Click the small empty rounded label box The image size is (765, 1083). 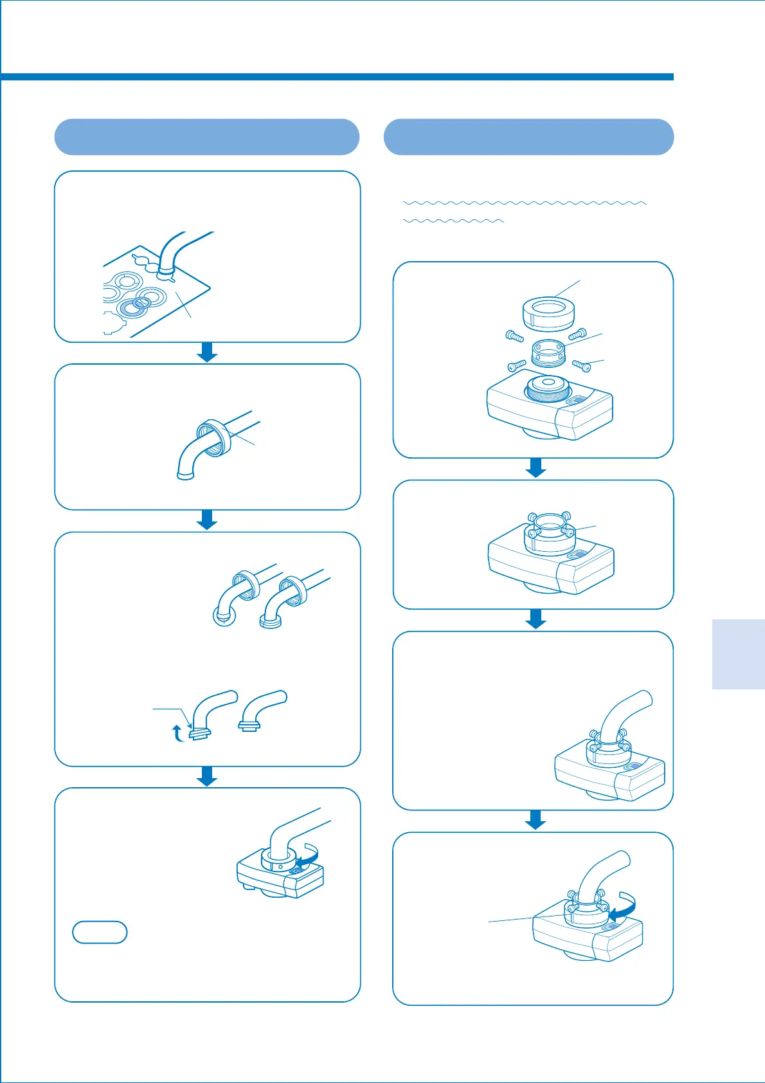point(100,932)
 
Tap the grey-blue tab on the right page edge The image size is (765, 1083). point(738,654)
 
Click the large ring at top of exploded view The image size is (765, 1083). point(547,313)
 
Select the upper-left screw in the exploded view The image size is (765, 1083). point(512,336)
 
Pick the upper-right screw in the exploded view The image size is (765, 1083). point(577,334)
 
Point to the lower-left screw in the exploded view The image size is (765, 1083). point(517,365)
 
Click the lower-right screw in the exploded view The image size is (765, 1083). point(581,365)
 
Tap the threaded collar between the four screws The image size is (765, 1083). point(548,352)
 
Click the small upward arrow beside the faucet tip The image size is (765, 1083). point(178,732)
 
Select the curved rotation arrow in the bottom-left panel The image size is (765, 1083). point(307,855)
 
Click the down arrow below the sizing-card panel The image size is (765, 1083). point(207,352)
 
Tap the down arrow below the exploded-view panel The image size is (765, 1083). point(535,468)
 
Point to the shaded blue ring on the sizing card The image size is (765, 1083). point(133,308)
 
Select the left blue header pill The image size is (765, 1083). point(206,137)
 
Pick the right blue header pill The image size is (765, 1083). point(528,137)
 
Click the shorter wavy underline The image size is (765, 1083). point(453,221)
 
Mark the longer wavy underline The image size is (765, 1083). point(524,203)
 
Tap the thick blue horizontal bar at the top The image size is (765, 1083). point(337,77)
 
